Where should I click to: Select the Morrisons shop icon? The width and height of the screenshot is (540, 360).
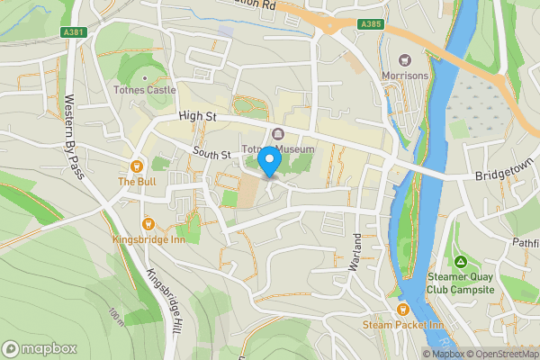tap(404, 60)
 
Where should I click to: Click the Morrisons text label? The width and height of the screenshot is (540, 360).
tap(405, 76)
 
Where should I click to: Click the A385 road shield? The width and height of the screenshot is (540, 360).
tap(369, 23)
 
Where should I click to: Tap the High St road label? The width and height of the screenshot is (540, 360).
tap(199, 116)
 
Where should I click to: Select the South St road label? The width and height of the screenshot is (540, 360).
tap(212, 155)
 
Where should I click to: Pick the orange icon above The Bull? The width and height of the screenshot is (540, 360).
tap(137, 166)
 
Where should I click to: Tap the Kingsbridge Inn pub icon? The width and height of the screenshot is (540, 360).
tap(147, 223)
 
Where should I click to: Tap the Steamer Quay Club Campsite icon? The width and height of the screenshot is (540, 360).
tap(461, 262)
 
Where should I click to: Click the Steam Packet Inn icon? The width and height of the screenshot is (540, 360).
tap(391, 309)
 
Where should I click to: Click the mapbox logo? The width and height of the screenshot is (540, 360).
tap(39, 348)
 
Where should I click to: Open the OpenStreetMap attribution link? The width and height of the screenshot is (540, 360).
tap(502, 354)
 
